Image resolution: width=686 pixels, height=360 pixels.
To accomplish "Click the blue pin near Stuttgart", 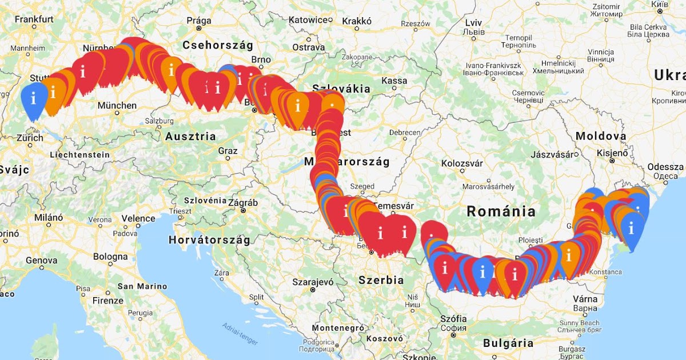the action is click(34, 98).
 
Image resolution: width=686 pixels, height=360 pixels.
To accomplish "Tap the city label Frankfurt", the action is click(34, 19).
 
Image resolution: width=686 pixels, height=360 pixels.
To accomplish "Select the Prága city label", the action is click(199, 21).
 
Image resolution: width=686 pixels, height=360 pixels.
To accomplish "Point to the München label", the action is click(117, 105).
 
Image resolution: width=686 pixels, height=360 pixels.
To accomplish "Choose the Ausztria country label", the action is click(190, 137).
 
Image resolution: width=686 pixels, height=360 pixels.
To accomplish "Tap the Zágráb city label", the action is click(243, 203).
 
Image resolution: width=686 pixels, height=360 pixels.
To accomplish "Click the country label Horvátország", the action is click(209, 240).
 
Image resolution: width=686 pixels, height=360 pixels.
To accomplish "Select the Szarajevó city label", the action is click(313, 282).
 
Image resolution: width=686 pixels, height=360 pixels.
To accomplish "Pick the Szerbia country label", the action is click(381, 280).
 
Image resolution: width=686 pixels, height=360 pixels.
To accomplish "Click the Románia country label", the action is click(501, 211).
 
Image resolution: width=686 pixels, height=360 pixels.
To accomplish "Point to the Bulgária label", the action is click(508, 343).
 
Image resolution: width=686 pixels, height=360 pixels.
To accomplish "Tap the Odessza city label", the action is click(665, 167).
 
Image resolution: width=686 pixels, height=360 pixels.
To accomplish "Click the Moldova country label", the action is click(601, 136).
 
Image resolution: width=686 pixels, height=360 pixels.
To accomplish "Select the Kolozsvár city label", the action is click(462, 163).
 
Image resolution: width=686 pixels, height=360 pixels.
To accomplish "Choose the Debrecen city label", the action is click(404, 132).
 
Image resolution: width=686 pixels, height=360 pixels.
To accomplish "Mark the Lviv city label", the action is click(474, 22).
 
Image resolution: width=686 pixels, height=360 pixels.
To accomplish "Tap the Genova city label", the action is click(42, 260).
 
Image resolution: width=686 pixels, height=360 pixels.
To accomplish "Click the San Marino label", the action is click(142, 286).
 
